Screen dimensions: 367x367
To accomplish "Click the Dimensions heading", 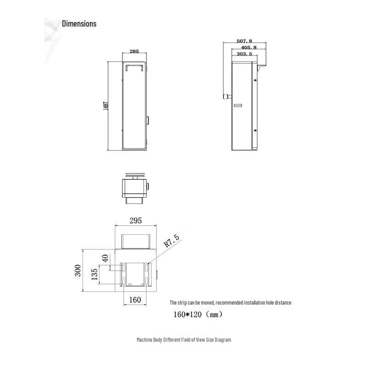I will tap(79, 24).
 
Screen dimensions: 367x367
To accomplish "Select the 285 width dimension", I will tap(134, 52).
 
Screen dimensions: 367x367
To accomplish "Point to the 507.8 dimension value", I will tap(244, 41).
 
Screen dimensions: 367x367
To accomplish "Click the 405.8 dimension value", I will tap(248, 47).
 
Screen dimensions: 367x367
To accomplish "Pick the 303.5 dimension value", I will tap(244, 54).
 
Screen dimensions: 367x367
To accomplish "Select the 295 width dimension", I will tap(135, 221).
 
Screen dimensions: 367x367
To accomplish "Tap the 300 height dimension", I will tap(78, 271).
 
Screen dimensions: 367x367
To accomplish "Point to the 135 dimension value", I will tap(94, 274).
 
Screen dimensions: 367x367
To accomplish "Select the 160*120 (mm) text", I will tap(198, 315).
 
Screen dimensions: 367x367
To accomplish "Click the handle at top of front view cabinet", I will tap(134, 67).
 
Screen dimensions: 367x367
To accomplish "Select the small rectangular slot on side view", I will tap(237, 106).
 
